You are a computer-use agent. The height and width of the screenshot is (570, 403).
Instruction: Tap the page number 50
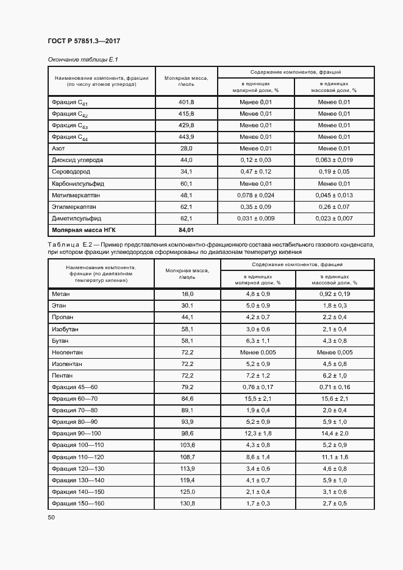51,518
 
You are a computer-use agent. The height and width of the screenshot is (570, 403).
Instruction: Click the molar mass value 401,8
186,102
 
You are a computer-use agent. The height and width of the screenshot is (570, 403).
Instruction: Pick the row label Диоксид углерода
77,160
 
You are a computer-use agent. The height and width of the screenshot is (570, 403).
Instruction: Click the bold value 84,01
186,230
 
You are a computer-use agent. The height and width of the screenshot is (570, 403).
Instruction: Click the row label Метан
62,294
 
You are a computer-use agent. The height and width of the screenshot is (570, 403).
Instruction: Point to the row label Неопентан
68,352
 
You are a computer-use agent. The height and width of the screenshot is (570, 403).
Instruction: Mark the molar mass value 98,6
187,433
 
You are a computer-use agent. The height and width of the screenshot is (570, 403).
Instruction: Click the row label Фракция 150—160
79,503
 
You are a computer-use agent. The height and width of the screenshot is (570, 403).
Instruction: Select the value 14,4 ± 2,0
334,433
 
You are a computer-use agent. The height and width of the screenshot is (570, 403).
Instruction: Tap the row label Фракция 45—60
75,387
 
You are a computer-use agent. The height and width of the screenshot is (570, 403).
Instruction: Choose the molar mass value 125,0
187,491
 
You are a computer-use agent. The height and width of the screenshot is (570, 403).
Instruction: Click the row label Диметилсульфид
77,218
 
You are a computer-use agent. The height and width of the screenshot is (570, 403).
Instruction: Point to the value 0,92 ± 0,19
334,294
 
